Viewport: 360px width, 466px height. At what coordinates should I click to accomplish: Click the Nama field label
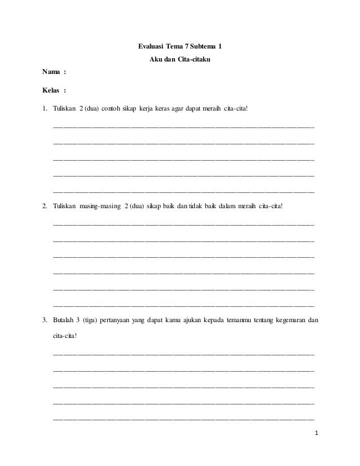coord(52,73)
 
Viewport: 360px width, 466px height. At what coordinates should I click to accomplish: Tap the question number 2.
coord(45,206)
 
